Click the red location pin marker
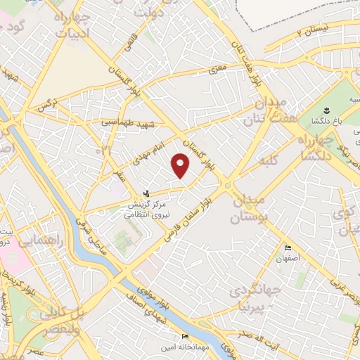(x=181, y=166)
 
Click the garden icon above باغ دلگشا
(x=326, y=110)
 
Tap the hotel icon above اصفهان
(x=288, y=248)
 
